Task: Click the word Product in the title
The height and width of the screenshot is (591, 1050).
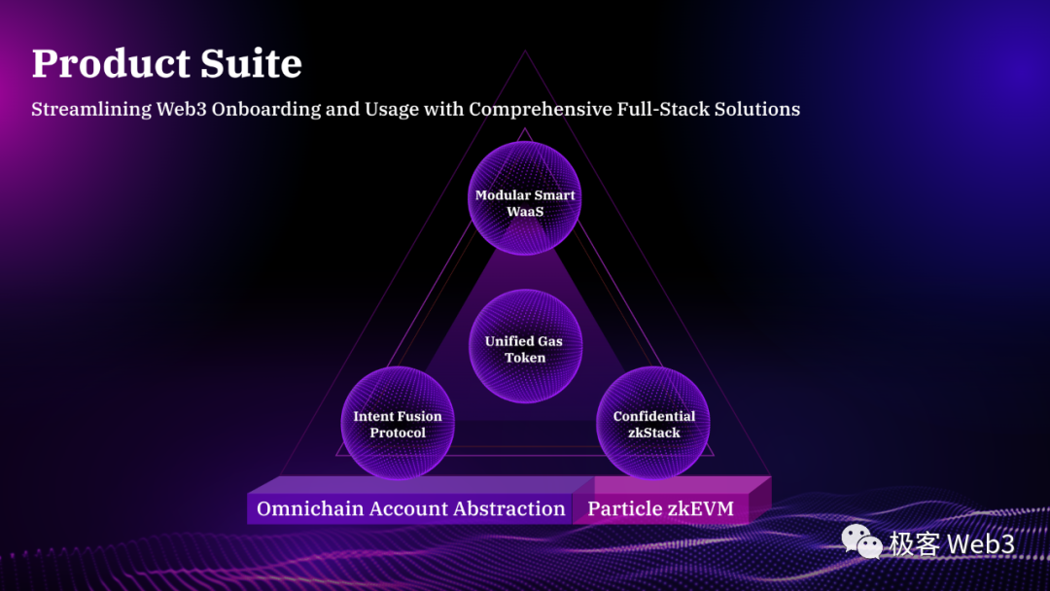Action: click(x=95, y=64)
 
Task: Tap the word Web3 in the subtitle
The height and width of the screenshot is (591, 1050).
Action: click(x=181, y=109)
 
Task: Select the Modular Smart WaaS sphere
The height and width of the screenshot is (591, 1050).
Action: click(x=525, y=198)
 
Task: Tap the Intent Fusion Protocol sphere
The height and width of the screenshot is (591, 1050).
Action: click(x=398, y=423)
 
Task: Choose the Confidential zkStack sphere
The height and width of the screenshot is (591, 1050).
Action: click(x=653, y=423)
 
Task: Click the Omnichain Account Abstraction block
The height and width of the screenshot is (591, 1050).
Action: click(x=410, y=508)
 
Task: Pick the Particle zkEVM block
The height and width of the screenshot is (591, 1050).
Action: click(x=661, y=508)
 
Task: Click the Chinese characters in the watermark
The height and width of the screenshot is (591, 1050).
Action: click(x=915, y=543)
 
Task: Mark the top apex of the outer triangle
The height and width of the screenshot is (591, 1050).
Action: click(x=526, y=52)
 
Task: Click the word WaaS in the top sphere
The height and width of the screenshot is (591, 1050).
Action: click(x=525, y=211)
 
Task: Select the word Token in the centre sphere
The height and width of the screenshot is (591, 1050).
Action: click(x=525, y=358)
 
